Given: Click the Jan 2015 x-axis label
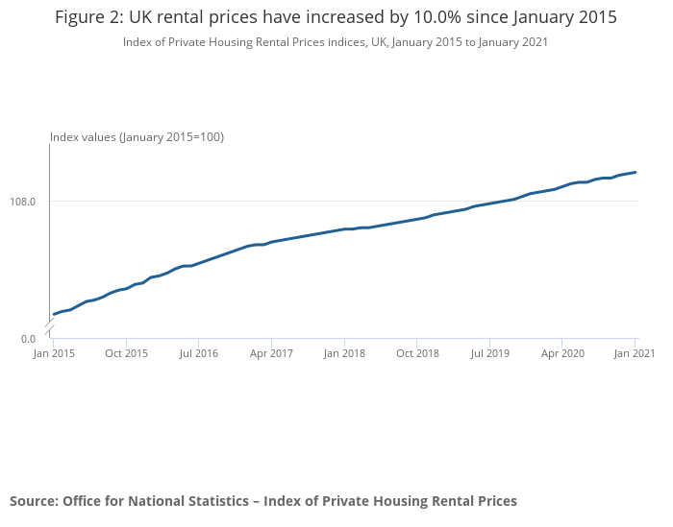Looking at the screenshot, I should coord(54,353).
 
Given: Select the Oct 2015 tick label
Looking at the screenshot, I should coord(126,353).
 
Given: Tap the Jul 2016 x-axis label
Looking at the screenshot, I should coord(198,353).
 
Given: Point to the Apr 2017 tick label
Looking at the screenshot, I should coord(271,353).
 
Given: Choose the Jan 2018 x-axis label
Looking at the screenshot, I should coord(344,353).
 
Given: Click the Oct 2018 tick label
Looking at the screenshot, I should coord(416,353).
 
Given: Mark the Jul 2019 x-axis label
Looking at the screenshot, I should coord(489,353).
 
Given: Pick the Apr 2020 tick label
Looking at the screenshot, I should coord(562,353).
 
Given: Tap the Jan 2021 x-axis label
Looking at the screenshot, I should coord(635,353).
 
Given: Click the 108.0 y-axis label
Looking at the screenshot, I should coord(23,202).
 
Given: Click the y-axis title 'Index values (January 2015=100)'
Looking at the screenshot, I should coord(137,137).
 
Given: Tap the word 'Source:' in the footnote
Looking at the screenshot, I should coord(34,500).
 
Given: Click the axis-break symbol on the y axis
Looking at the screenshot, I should coord(50,329).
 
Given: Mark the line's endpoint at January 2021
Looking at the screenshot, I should coord(636,172).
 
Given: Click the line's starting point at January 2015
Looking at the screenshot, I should coord(54,314).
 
